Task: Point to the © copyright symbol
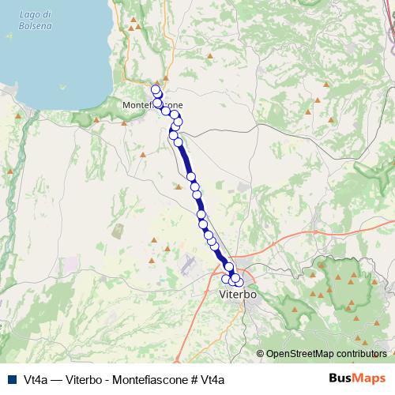click(261, 355)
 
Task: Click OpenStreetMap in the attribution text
click(299, 355)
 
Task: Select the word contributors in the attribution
click(361, 355)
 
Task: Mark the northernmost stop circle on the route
click(155, 89)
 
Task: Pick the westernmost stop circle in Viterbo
click(226, 278)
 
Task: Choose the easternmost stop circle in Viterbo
click(239, 282)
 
